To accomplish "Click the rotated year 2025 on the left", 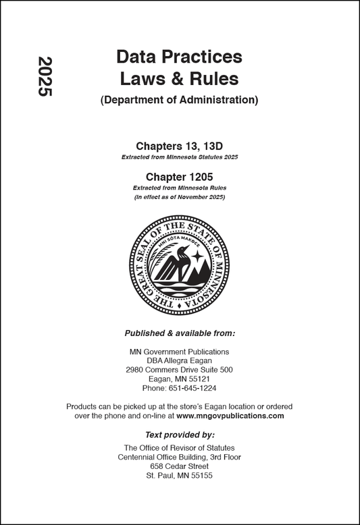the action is pyautogui.click(x=45, y=76).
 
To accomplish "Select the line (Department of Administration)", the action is pyautogui.click(x=179, y=101).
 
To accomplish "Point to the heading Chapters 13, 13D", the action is pyautogui.click(x=179, y=145).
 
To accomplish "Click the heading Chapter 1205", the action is pyautogui.click(x=179, y=176).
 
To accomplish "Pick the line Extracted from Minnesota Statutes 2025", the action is pyautogui.click(x=179, y=157).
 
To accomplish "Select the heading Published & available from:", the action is pyautogui.click(x=179, y=333).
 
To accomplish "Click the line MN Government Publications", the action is pyautogui.click(x=179, y=352).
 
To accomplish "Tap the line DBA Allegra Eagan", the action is pyautogui.click(x=179, y=361).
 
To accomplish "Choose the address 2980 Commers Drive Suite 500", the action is pyautogui.click(x=179, y=370).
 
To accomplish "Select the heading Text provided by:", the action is pyautogui.click(x=179, y=435).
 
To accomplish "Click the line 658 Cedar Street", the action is pyautogui.click(x=179, y=466).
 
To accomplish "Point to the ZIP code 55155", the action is pyautogui.click(x=199, y=476).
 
